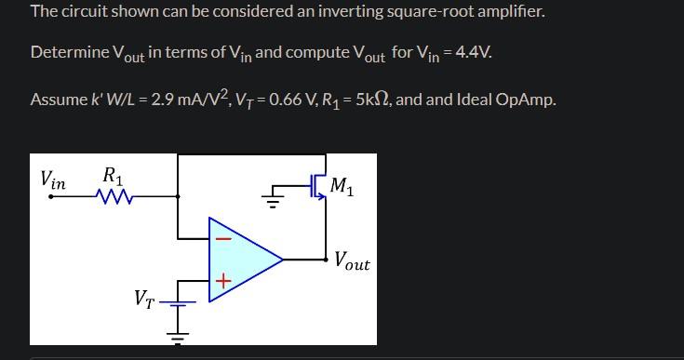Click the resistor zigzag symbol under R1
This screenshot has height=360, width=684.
[116, 196]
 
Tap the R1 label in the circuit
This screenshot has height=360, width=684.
[113, 175]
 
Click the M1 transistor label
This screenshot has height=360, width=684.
[342, 187]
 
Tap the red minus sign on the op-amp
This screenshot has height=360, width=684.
[222, 239]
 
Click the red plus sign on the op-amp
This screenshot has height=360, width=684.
[222, 280]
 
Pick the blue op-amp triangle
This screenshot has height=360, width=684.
[242, 260]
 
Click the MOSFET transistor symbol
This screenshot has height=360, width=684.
[317, 187]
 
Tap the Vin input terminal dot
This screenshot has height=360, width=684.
[50, 196]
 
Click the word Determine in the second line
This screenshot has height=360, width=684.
[70, 51]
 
